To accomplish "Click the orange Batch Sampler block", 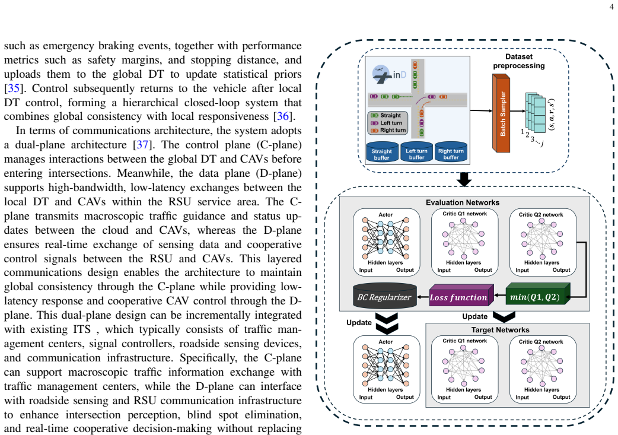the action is [x=501, y=113].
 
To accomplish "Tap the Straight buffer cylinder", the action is [x=381, y=152].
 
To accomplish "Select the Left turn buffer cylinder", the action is [x=416, y=152].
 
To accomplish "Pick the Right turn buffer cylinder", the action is [x=451, y=152].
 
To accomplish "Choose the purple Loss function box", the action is [x=461, y=295].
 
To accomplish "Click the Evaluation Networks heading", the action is [x=463, y=202].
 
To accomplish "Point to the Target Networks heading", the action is [x=500, y=330].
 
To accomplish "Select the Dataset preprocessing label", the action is [x=519, y=61].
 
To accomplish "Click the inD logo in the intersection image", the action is [x=389, y=74].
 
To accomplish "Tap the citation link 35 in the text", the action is [x=14, y=88].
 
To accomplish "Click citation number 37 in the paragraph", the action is [x=142, y=145].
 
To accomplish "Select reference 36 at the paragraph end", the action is [x=283, y=116].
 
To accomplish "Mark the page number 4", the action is [x=611, y=7].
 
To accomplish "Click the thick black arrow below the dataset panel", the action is [x=464, y=179].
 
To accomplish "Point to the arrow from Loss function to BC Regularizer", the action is [x=423, y=297].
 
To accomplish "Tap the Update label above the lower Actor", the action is [x=359, y=322].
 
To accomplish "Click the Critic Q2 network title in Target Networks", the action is [x=541, y=342].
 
